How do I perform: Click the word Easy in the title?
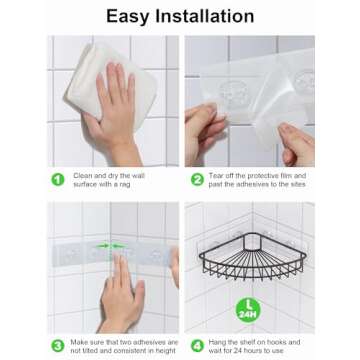[133, 16]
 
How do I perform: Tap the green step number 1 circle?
[57, 180]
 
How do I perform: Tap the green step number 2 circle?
[197, 180]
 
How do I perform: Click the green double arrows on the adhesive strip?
[111, 245]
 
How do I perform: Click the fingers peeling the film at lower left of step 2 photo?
[207, 130]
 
